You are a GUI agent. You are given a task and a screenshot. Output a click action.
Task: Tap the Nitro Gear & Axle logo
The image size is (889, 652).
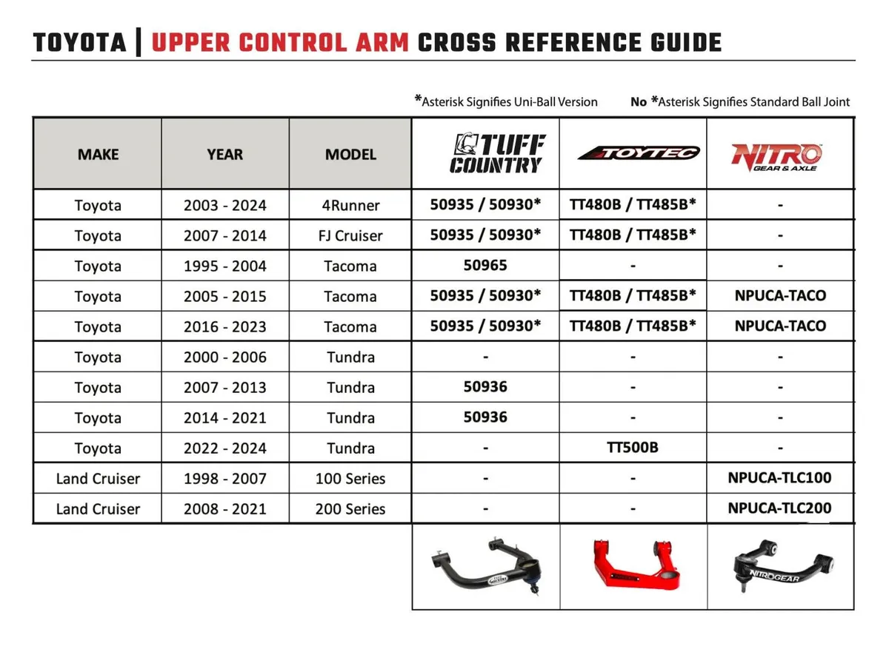click(x=776, y=155)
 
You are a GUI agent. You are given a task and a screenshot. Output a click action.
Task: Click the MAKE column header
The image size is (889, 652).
click(x=98, y=155)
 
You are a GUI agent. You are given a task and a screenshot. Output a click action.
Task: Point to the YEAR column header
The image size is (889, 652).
click(x=224, y=155)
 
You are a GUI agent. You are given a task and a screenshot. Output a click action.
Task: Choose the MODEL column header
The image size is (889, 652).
click(x=350, y=155)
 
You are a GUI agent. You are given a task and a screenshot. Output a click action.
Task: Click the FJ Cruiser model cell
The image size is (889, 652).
click(x=350, y=236)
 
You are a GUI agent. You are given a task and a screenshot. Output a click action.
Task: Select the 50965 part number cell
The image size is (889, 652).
click(x=485, y=265)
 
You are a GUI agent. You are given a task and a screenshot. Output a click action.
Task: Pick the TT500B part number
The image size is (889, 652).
click(x=633, y=448)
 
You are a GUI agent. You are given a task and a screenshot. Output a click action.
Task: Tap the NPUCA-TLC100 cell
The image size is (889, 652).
click(x=779, y=478)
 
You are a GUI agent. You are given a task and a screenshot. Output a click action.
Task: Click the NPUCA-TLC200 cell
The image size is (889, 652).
click(x=779, y=508)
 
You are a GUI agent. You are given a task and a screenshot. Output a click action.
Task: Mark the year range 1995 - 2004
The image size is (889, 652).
click(x=224, y=266)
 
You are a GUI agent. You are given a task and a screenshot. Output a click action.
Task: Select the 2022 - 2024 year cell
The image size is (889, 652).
click(x=224, y=448)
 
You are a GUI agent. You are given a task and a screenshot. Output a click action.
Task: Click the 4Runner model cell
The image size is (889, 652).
click(x=350, y=206)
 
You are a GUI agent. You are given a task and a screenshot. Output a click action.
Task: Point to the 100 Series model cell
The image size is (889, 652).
click(x=350, y=479)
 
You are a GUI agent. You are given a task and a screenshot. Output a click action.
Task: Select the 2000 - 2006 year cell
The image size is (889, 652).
click(x=224, y=357)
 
